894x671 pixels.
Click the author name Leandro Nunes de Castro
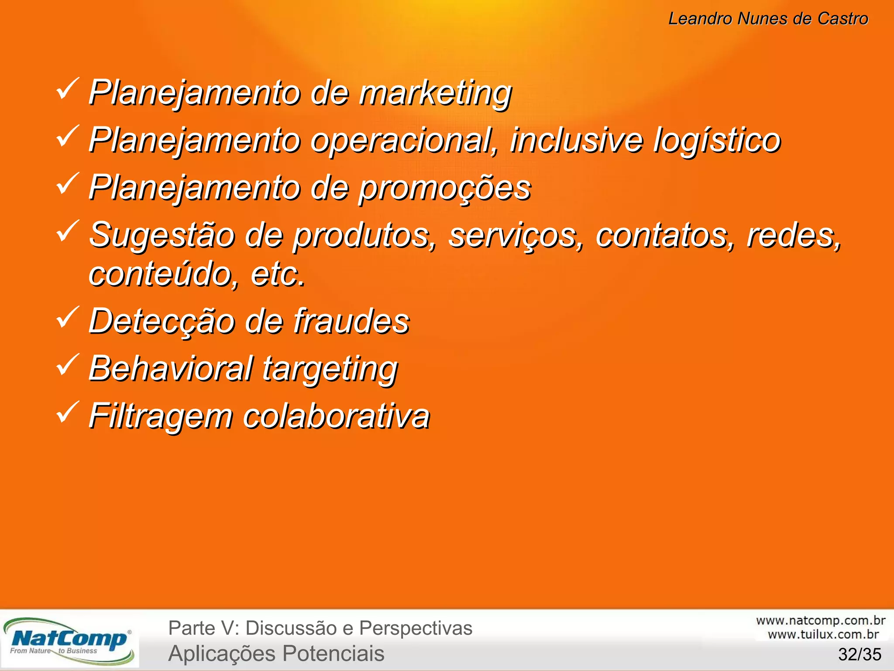point(768,19)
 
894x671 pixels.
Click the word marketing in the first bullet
point(435,93)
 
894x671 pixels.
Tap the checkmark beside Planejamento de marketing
point(67,88)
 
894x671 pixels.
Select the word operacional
point(404,140)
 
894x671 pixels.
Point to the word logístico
point(717,140)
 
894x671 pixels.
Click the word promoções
point(445,188)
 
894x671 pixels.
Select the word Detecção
point(162,321)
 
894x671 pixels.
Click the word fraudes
point(351,321)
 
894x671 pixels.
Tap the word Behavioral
point(171,368)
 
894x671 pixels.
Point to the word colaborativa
point(336,416)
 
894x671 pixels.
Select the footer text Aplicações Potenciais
point(276,654)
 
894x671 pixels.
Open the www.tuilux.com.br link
point(823,634)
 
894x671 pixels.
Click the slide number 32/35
point(860,654)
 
